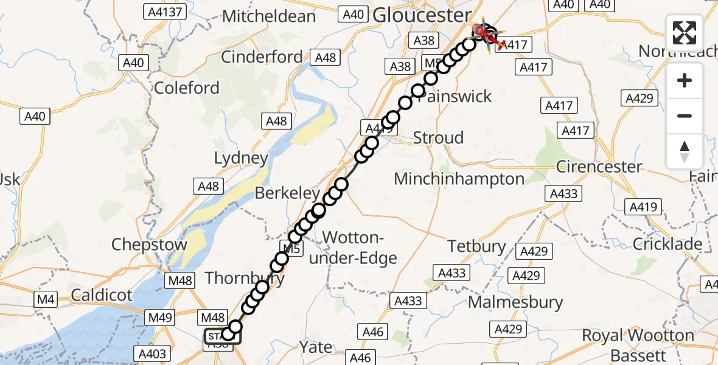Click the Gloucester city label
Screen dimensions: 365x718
click(x=422, y=15)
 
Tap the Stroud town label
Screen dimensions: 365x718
click(x=438, y=138)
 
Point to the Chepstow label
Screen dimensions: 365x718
click(x=150, y=245)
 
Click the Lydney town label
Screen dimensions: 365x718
click(x=241, y=159)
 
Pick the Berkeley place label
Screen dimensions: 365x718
click(x=287, y=193)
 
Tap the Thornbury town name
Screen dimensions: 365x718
click(x=245, y=279)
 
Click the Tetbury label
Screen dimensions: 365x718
click(x=477, y=246)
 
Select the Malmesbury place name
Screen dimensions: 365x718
click(x=515, y=302)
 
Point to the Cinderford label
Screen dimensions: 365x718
click(x=262, y=57)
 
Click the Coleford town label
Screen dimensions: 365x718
click(x=187, y=88)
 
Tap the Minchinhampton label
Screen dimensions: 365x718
click(x=459, y=179)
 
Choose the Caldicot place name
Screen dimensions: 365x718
click(x=101, y=296)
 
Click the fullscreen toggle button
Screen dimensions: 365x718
click(x=685, y=32)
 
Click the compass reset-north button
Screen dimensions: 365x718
click(x=685, y=151)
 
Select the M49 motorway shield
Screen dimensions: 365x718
click(x=160, y=317)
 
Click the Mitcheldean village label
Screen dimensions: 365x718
click(x=270, y=16)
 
